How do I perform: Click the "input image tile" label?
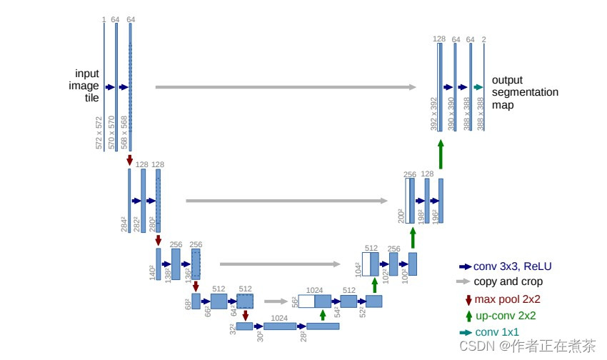[x=87, y=86]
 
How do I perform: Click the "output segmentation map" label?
[x=525, y=92]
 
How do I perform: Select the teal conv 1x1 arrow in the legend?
[x=465, y=332]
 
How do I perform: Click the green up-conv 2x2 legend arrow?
[x=468, y=315]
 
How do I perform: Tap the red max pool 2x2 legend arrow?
[x=468, y=299]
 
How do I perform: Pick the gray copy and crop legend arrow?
[x=465, y=282]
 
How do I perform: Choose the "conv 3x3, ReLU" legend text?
[x=513, y=266]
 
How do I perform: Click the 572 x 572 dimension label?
[x=99, y=133]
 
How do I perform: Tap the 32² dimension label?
[x=231, y=329]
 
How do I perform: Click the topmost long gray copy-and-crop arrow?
[x=286, y=87]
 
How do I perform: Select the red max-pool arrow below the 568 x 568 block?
[x=130, y=161]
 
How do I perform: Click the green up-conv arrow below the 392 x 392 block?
[x=441, y=154]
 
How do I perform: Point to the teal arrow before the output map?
[x=478, y=87]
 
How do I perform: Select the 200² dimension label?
[x=401, y=216]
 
